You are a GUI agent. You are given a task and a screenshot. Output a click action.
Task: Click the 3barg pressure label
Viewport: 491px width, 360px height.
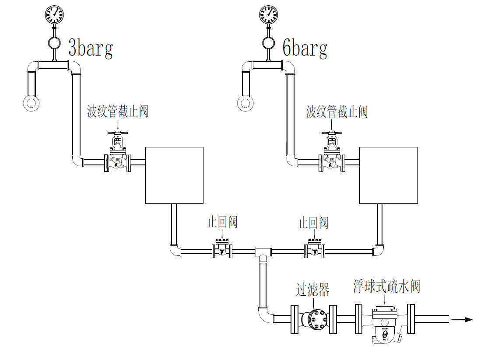click(91, 48)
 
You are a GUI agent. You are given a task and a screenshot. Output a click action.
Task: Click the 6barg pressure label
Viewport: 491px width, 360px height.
click(305, 48)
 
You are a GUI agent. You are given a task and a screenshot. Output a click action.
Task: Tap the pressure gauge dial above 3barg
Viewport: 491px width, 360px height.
click(54, 14)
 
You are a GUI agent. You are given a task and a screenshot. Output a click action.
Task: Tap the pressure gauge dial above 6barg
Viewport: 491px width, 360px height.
click(268, 14)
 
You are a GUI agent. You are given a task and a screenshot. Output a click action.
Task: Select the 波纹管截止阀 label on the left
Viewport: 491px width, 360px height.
click(118, 112)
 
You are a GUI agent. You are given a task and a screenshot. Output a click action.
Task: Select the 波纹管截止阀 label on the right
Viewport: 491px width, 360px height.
click(337, 112)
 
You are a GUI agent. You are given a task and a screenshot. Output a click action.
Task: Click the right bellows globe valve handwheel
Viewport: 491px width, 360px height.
click(332, 133)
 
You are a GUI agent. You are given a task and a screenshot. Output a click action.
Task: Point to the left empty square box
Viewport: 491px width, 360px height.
click(174, 175)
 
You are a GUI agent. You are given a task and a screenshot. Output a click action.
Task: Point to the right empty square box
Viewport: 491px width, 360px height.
click(388, 175)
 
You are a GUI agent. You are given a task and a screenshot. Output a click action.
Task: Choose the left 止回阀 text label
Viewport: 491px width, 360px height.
click(222, 222)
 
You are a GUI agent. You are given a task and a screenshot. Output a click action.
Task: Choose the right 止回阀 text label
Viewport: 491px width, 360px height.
click(313, 223)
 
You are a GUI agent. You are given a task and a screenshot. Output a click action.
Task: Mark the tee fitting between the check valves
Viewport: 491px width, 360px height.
click(263, 252)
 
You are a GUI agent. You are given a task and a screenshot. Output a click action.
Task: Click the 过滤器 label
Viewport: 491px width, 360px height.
click(312, 289)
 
